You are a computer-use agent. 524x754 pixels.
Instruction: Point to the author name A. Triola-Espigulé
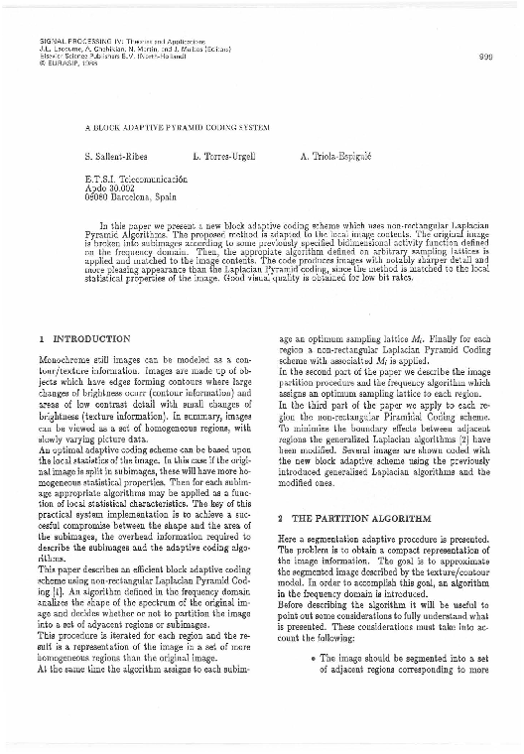(x=341, y=159)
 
